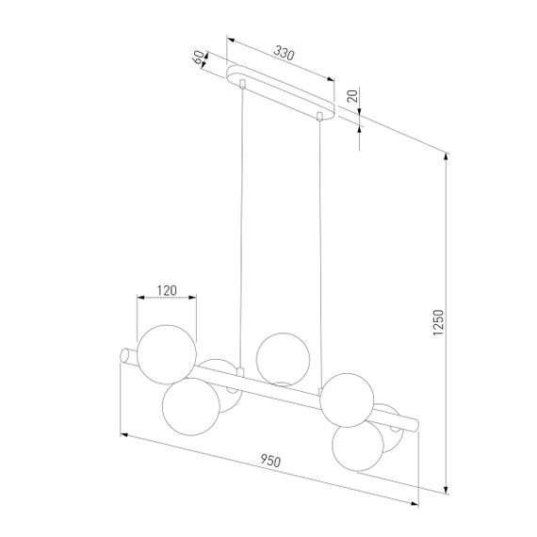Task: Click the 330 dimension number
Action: click(x=282, y=55)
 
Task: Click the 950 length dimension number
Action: click(x=269, y=461)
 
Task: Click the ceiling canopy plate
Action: click(x=283, y=92)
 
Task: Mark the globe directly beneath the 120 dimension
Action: click(x=166, y=350)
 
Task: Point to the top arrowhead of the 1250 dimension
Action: click(x=445, y=155)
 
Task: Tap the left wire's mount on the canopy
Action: click(x=243, y=86)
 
